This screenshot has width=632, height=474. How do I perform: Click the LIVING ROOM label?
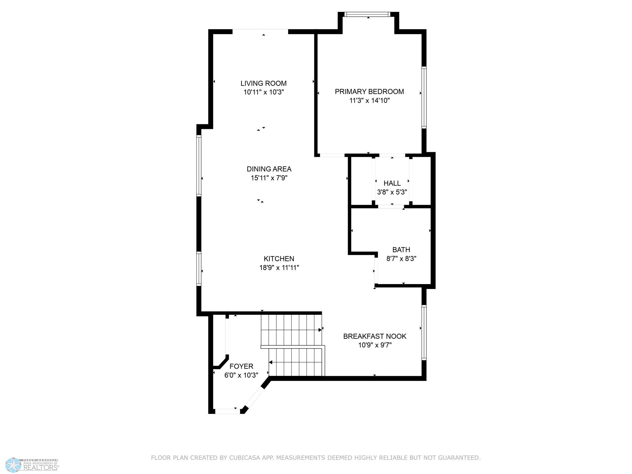coord(263,83)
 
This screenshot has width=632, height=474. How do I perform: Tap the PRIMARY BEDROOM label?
coord(369,91)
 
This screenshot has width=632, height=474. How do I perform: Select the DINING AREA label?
coord(269,169)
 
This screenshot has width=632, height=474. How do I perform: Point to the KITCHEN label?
coord(279,259)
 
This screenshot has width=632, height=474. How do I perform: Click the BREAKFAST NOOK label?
coord(375,336)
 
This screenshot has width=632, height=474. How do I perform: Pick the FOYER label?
coord(241,366)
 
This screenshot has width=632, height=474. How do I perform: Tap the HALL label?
coord(392,183)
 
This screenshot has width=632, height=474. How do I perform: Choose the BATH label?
coord(401,250)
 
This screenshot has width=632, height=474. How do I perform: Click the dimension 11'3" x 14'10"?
coord(369,101)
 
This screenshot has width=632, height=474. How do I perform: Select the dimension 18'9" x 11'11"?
coord(279,268)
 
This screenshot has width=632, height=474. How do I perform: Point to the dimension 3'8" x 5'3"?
coord(392,192)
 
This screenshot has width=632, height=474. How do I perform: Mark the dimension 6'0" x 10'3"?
coord(241,375)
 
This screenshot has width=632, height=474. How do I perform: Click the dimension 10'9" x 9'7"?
coord(375,345)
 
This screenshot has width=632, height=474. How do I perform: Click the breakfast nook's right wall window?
coord(424,332)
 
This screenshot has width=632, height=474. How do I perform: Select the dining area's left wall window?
coord(199,165)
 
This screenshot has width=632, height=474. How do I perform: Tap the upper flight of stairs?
coord(291,330)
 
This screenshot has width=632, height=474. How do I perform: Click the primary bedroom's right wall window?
coord(424,97)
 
